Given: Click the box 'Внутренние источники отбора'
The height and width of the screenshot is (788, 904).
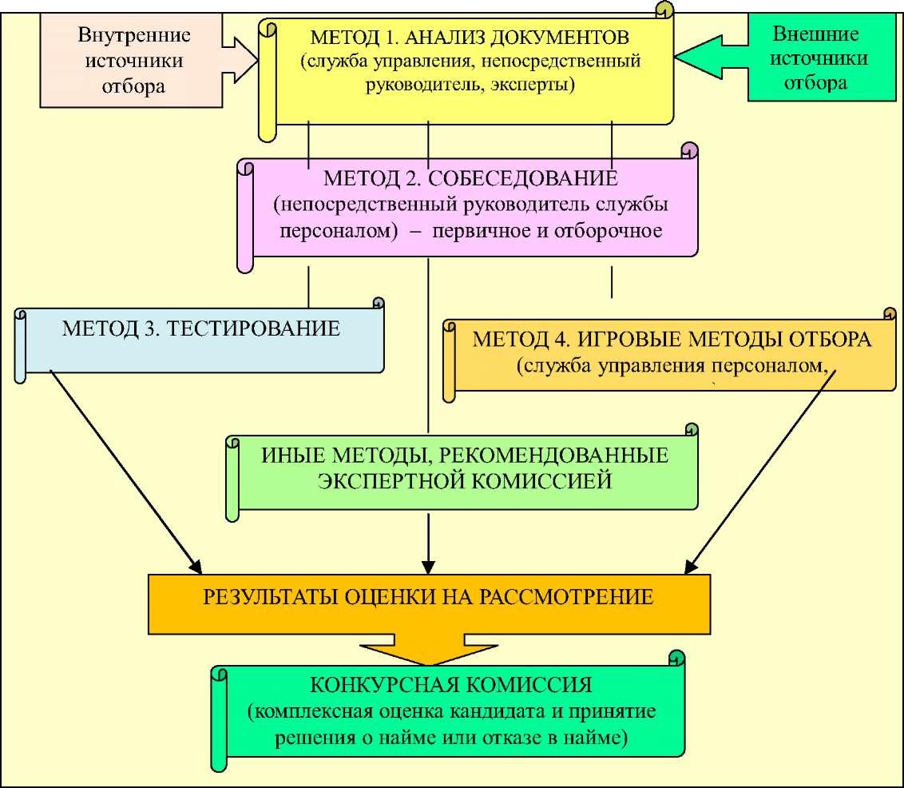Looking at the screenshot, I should click(x=133, y=61).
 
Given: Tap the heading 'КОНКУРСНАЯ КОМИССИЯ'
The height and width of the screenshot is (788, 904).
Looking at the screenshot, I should click(x=450, y=686).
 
